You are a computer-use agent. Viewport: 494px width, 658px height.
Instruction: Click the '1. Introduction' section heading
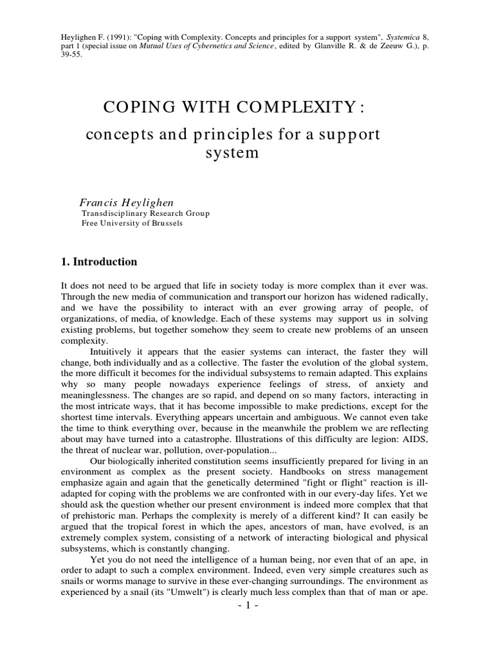(99, 262)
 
